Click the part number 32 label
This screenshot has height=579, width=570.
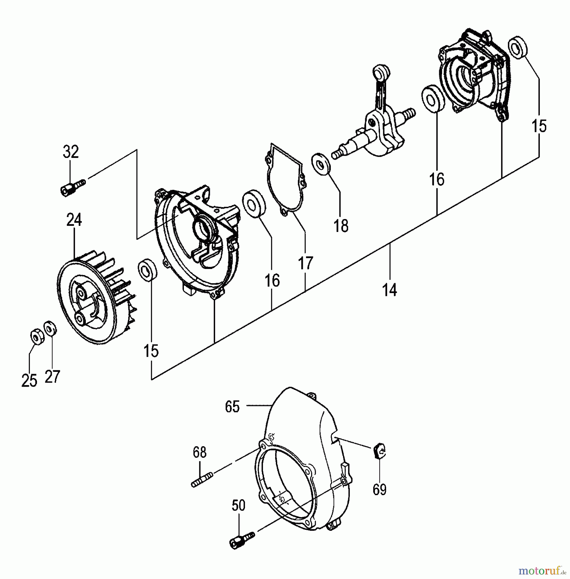tap(71, 152)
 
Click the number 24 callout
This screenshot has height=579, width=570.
tap(74, 220)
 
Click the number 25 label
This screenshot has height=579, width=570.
tap(29, 381)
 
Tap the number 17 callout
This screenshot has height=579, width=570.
tap(305, 263)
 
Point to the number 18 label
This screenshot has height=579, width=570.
tap(341, 226)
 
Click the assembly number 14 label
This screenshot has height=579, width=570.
tap(390, 290)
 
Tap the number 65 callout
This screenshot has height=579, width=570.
tap(232, 407)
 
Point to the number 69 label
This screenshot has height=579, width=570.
tap(379, 489)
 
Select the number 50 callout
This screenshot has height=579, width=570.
tap(239, 506)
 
